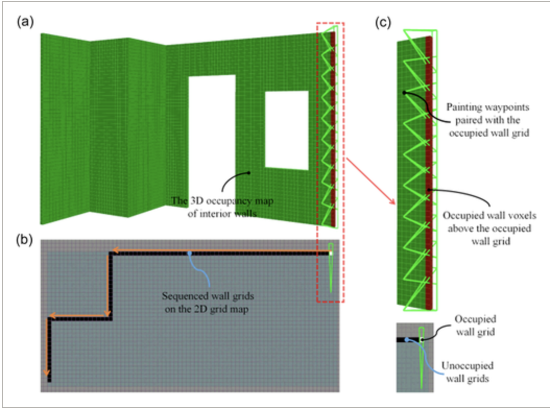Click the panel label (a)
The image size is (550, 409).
pyautogui.click(x=25, y=21)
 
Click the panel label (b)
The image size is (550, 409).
pyautogui.click(x=25, y=240)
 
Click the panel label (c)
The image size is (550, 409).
pyautogui.click(x=384, y=23)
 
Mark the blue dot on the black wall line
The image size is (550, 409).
pyautogui.click(x=189, y=254)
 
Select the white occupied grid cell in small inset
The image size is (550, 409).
pyautogui.click(x=422, y=340)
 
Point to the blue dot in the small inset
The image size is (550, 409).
pyautogui.click(x=406, y=340)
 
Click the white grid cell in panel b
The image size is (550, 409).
pyautogui.click(x=330, y=253)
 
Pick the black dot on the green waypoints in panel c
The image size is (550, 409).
pyautogui.click(x=404, y=92)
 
